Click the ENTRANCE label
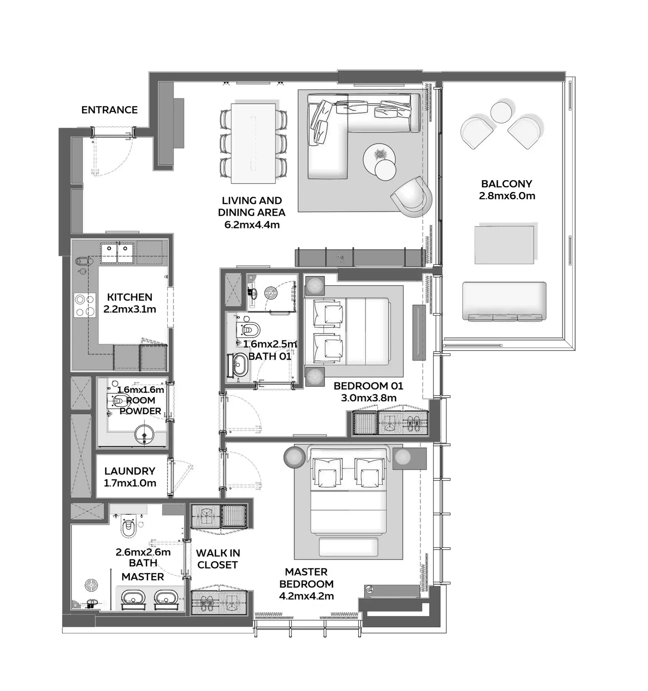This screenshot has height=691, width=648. [x=109, y=110]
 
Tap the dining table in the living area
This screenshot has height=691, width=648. [x=253, y=143]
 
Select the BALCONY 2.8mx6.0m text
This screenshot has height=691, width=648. [x=507, y=190]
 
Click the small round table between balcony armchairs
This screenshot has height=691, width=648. [x=501, y=112]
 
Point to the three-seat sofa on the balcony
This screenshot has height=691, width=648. [x=504, y=301]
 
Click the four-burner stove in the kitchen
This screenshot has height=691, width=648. [x=85, y=305]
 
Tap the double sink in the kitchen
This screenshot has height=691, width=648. [x=117, y=253]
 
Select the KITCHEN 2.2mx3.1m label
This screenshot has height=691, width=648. [x=130, y=303]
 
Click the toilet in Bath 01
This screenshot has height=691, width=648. [x=248, y=330]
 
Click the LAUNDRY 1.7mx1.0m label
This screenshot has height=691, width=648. [x=130, y=477]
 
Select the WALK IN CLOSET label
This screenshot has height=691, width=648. [x=218, y=559]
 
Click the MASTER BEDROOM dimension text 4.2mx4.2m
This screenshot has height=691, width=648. [x=307, y=596]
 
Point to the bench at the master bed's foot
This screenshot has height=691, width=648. [x=348, y=546]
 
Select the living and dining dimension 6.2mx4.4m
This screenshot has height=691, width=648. [x=252, y=225]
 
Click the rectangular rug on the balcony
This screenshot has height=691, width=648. [x=504, y=245]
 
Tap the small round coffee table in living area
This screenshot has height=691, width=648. [x=385, y=170]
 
